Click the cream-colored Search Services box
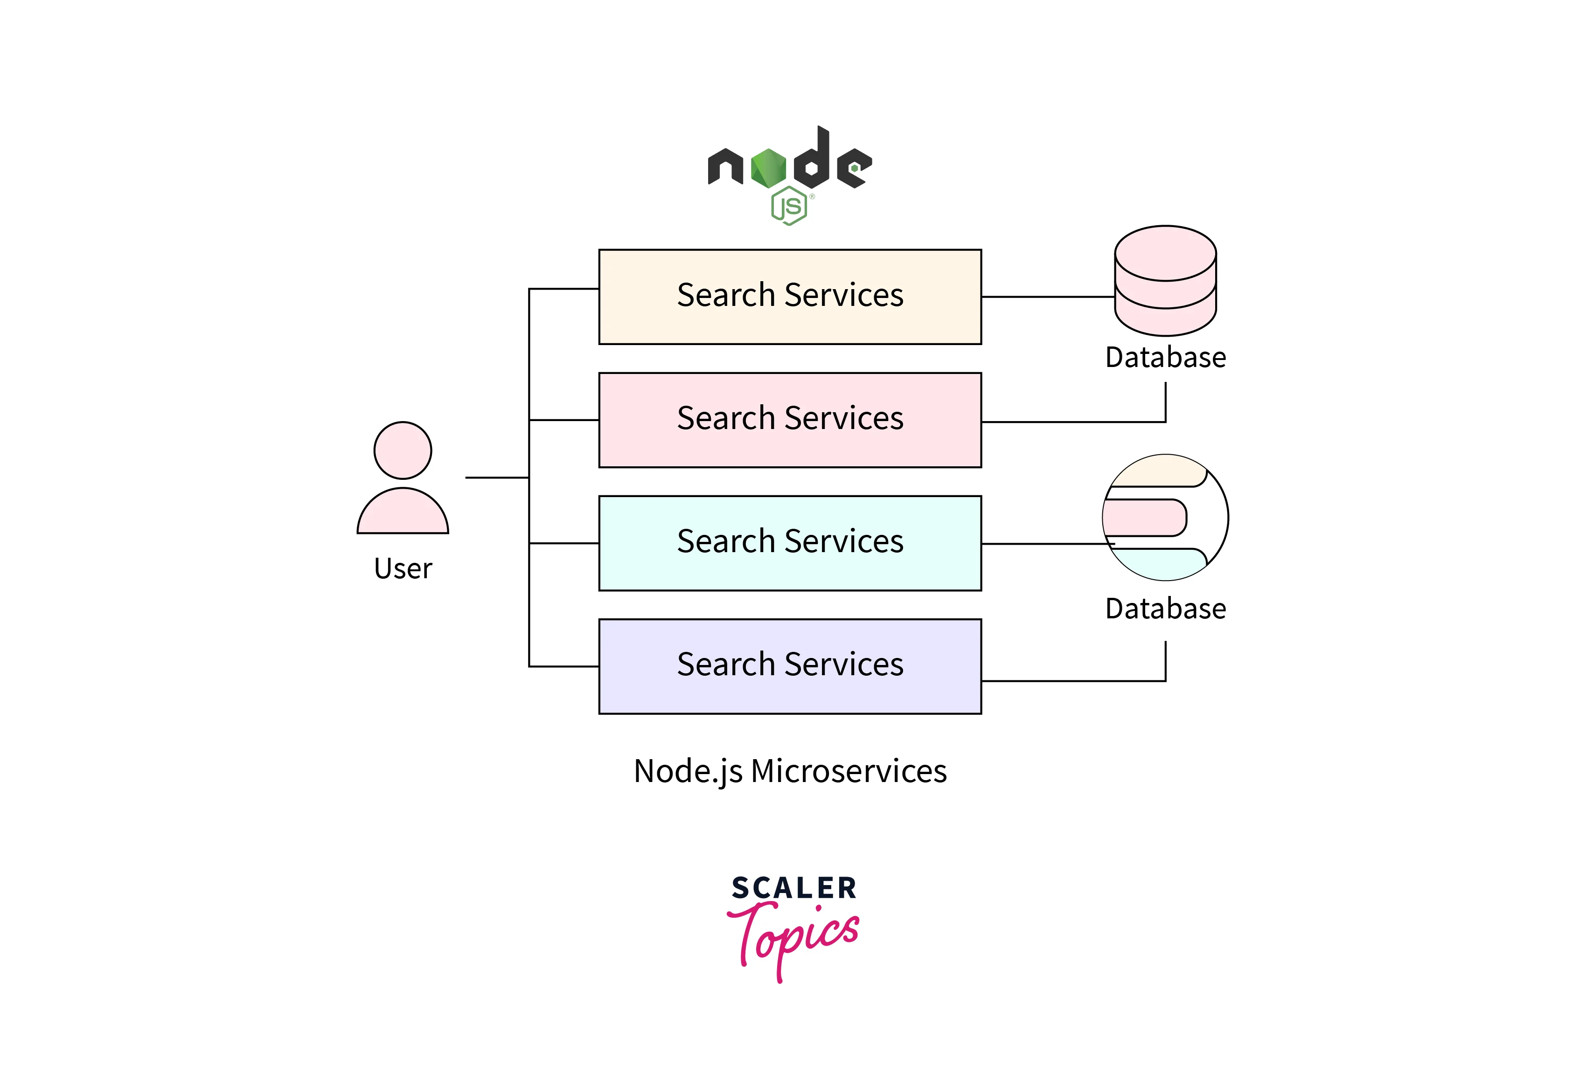[x=790, y=297]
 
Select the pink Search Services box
[x=790, y=420]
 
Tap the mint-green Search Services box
[x=790, y=543]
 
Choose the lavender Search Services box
[x=790, y=666]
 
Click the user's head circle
[x=403, y=450]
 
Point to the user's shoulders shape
[x=403, y=513]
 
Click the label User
[x=403, y=569]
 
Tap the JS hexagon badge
[x=789, y=205]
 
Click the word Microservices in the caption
[x=849, y=771]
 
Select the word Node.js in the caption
[x=688, y=771]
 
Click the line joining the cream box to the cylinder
[x=1048, y=297]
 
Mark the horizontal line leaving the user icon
[x=496, y=478]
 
